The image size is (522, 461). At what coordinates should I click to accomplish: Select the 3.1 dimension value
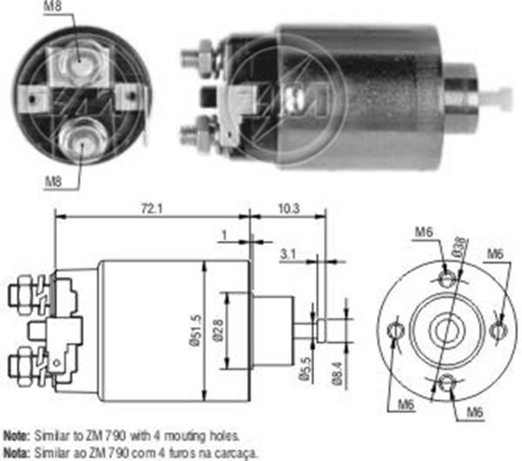pos(288,255)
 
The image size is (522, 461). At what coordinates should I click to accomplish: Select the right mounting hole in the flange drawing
pos(499,331)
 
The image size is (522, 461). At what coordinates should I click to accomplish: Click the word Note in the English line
pos(15,433)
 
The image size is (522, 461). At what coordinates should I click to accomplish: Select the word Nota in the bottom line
pos(15,451)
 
